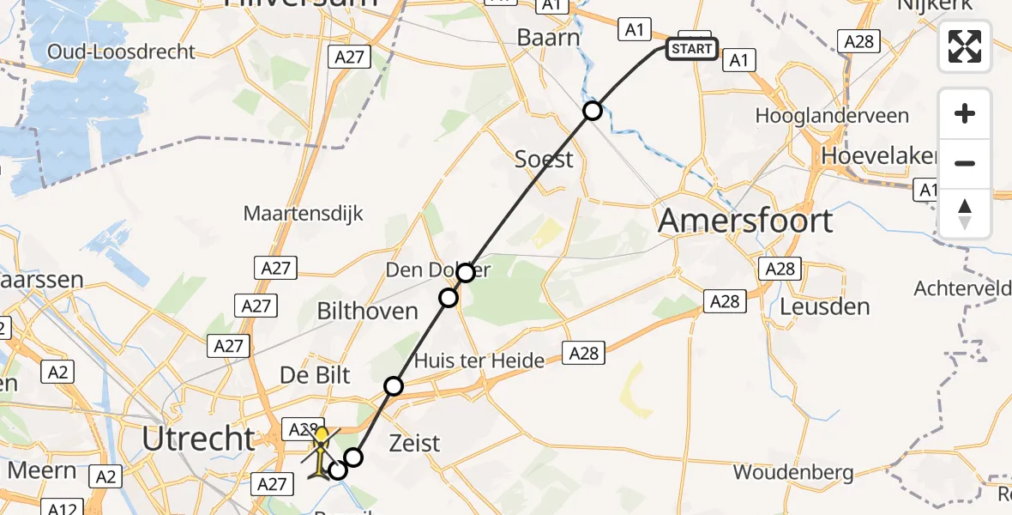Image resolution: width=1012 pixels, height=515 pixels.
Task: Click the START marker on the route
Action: click(691, 49)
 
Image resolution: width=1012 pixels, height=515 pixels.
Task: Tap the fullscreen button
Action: click(965, 46)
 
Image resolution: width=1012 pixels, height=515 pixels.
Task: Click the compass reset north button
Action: click(965, 214)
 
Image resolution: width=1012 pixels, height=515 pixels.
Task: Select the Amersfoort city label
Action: click(745, 221)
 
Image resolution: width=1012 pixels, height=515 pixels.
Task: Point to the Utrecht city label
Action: click(198, 439)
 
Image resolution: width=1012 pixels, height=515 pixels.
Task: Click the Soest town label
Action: click(544, 159)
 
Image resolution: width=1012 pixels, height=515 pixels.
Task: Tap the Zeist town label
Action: click(414, 443)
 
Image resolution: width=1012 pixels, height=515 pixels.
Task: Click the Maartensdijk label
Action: click(304, 213)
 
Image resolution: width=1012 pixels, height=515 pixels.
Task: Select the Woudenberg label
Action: click(792, 472)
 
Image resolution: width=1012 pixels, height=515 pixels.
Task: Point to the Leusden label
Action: click(825, 306)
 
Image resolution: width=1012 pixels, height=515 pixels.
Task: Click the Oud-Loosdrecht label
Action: click(121, 51)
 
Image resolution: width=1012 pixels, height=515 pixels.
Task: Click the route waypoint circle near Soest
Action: click(592, 110)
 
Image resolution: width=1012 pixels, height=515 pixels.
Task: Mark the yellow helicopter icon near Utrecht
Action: click(321, 453)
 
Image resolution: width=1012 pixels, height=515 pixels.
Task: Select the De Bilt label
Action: click(315, 375)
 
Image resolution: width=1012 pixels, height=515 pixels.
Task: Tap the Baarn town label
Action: click(548, 38)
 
